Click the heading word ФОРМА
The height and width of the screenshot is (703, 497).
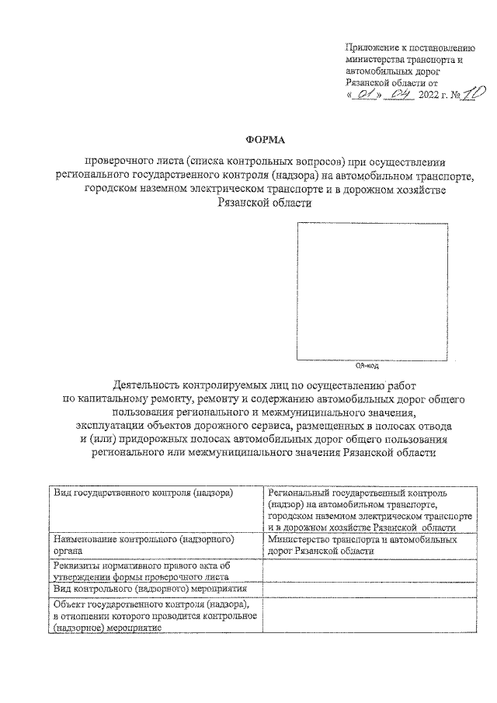pyautogui.click(x=266, y=141)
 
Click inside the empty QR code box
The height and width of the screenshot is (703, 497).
pyautogui.click(x=371, y=291)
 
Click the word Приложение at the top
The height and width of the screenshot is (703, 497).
pyautogui.click(x=369, y=48)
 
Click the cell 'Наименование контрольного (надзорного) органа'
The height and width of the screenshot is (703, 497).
pyautogui.click(x=155, y=544)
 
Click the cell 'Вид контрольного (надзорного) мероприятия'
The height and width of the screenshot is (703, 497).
pyautogui.click(x=155, y=590)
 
